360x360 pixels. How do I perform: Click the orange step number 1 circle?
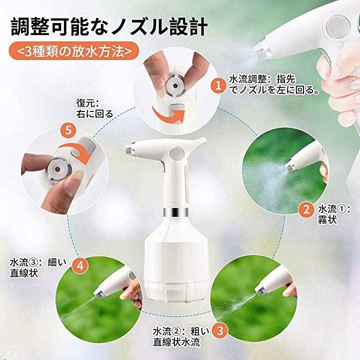pos(218,85)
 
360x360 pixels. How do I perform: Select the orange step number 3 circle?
pos(220,330)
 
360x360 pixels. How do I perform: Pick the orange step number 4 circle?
pos(80,266)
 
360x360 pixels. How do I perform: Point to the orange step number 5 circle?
pos(68,130)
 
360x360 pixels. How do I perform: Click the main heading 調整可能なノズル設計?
pos(109,27)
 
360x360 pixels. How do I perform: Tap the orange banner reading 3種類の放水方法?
pos(74,51)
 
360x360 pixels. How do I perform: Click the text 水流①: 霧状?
pos(334,214)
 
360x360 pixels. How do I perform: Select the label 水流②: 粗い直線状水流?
pos(181,336)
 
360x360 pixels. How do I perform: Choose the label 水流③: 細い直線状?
pos(38,267)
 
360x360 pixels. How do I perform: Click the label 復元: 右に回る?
pos(94,108)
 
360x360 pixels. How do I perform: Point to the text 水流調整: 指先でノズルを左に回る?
pos(274,84)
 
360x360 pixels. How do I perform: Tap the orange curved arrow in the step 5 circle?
pos(76,151)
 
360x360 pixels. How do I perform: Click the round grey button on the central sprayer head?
pos(177,153)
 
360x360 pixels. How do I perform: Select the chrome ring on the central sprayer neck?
pos(176,212)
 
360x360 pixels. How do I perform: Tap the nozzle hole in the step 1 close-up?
pos(175,86)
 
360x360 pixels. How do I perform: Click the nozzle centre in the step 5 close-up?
pos(57,169)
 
